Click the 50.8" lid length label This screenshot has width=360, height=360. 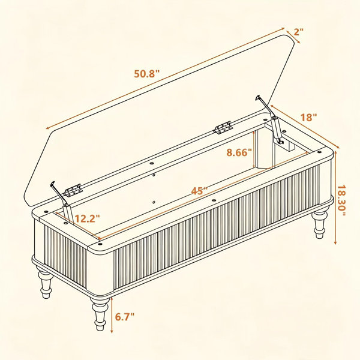pyautogui.click(x=147, y=74)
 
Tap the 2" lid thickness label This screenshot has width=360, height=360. pyautogui.click(x=298, y=32)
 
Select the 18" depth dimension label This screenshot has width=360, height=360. pyautogui.click(x=309, y=118)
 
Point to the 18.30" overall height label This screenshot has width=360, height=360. pyautogui.click(x=341, y=200)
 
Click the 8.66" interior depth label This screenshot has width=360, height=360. pyautogui.click(x=239, y=152)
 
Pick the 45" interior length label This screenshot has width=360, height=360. pyautogui.click(x=199, y=191)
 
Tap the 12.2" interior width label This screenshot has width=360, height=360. pyautogui.click(x=88, y=218)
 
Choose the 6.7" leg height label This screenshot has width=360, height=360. pyautogui.click(x=124, y=317)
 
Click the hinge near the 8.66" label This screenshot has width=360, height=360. pyautogui.click(x=223, y=128)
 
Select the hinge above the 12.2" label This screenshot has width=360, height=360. pyautogui.click(x=73, y=190)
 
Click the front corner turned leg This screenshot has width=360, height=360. pyautogui.click(x=100, y=314)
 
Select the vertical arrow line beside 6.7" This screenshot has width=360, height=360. pyautogui.click(x=112, y=315)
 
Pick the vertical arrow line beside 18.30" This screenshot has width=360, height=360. pyautogui.click(x=335, y=198)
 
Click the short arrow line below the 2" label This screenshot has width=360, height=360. pyautogui.click(x=293, y=36)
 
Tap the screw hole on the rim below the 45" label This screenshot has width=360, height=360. pyautogui.click(x=214, y=200)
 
